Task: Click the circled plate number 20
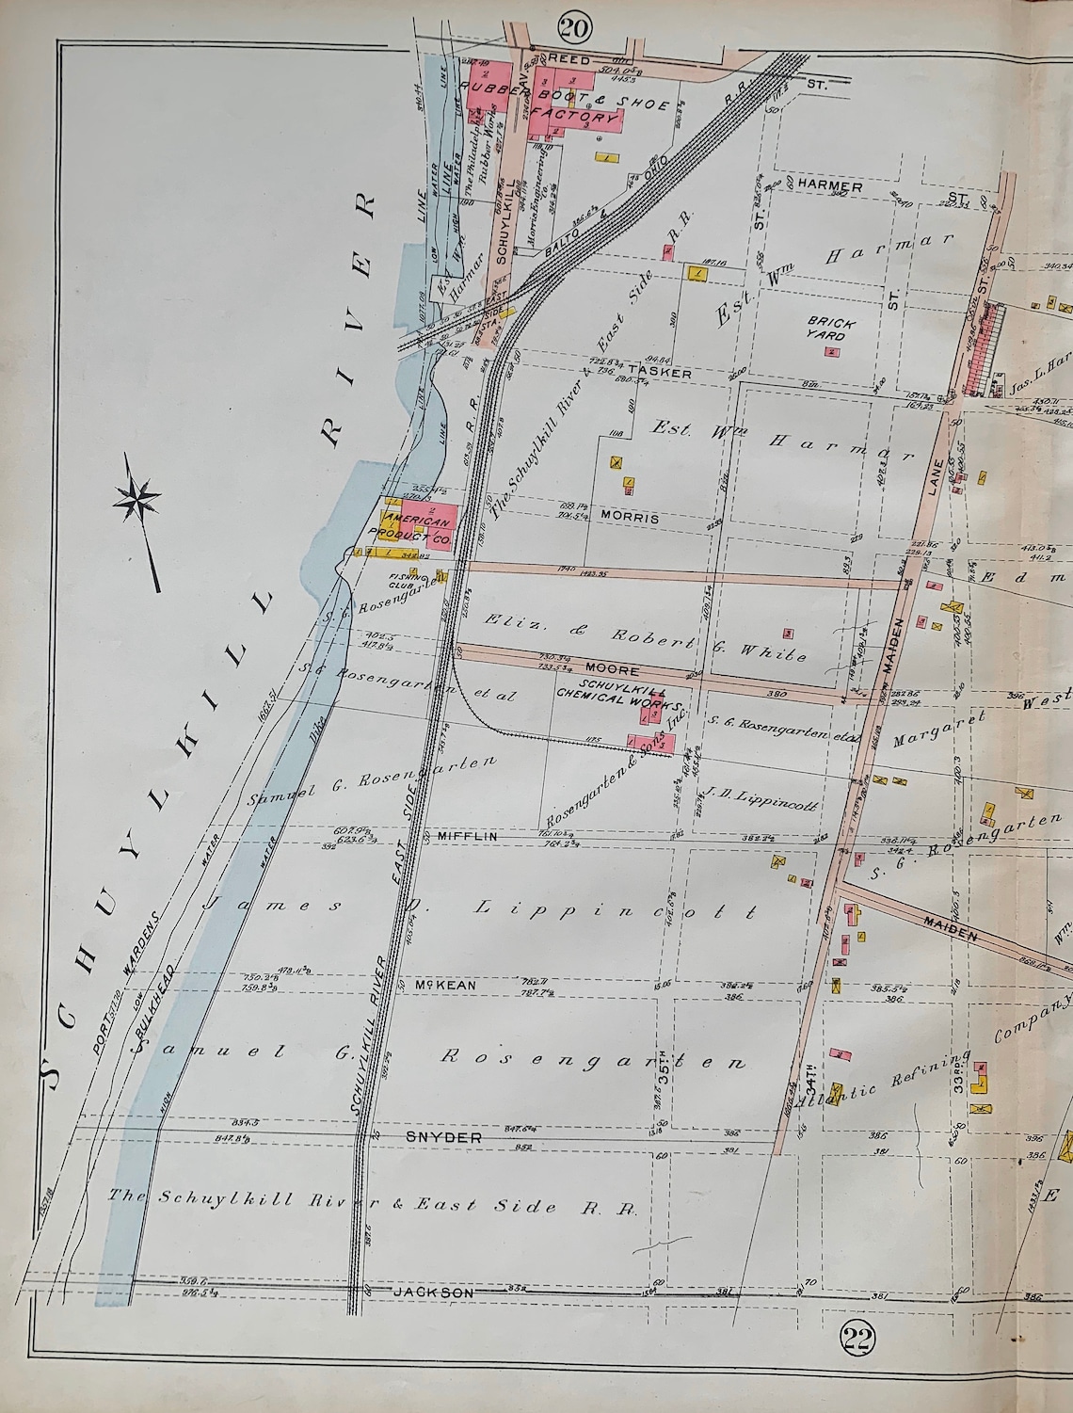click(573, 28)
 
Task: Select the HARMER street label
click(830, 187)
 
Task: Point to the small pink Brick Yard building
click(831, 352)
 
